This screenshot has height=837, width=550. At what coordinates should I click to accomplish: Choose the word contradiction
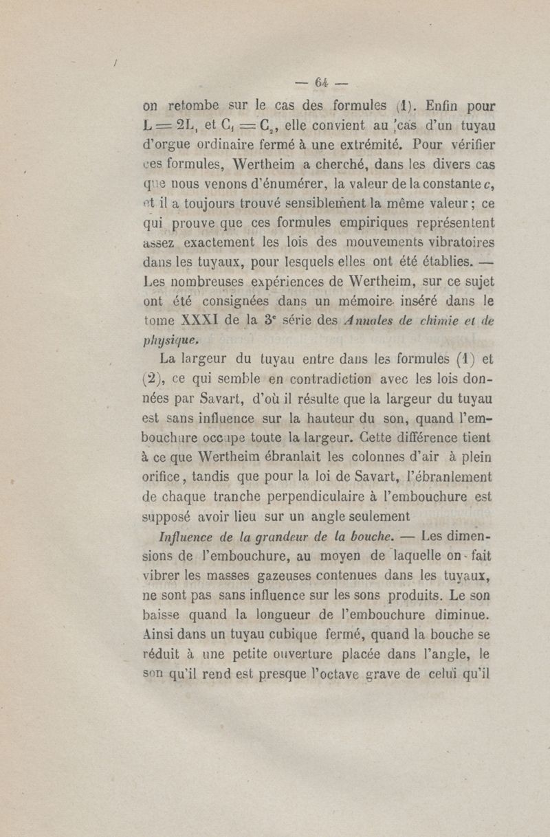tap(329, 377)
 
